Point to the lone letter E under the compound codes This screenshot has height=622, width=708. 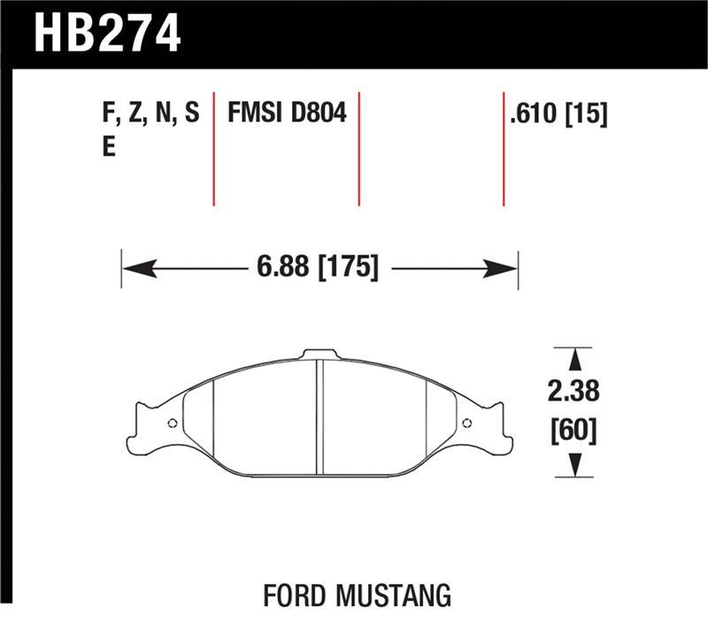(109, 147)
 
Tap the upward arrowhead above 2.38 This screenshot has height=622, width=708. (573, 358)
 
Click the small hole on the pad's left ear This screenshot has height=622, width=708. (171, 423)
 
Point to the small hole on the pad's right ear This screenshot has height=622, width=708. (470, 423)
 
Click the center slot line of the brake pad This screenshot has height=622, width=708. (321, 416)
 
